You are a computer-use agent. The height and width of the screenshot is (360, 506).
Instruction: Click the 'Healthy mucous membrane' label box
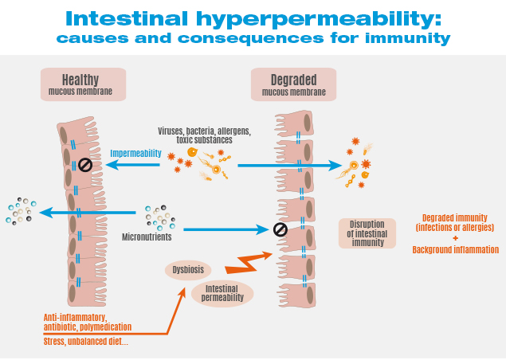[x=83, y=84]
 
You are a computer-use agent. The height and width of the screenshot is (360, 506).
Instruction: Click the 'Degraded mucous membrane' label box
[x=294, y=84]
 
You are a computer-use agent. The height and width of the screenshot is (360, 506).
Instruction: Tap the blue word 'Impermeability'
[x=135, y=153]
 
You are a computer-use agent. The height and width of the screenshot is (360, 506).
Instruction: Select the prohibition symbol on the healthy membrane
[x=85, y=165]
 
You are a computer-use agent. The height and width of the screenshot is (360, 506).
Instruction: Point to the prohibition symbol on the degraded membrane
[x=280, y=230]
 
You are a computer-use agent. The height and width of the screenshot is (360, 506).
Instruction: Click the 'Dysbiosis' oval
[x=188, y=270]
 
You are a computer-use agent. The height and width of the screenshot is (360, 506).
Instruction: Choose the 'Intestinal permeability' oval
[x=222, y=293]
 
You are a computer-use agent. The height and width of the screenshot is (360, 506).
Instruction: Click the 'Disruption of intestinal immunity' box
[x=367, y=233]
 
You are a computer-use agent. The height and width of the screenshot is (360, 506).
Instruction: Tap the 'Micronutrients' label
[x=147, y=237]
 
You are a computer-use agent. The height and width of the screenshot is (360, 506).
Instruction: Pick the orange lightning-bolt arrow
[x=249, y=262]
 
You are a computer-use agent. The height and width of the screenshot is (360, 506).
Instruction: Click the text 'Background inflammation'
[x=456, y=249]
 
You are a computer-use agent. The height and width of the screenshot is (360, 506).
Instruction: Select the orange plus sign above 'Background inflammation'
[x=455, y=238]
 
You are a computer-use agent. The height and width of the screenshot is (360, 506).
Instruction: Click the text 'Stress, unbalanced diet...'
[x=86, y=342]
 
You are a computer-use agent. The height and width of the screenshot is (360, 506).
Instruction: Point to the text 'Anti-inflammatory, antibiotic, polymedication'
[x=88, y=322]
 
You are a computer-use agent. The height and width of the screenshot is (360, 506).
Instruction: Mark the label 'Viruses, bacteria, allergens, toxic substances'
[x=204, y=135]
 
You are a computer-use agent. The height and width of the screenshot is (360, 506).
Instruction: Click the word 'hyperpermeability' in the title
[x=319, y=19]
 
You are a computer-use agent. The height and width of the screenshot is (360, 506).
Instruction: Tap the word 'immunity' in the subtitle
[x=408, y=38]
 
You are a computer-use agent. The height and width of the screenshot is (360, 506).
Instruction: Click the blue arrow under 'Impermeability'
[x=133, y=165]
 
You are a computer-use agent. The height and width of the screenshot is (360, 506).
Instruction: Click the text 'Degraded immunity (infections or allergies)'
[x=455, y=222]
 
